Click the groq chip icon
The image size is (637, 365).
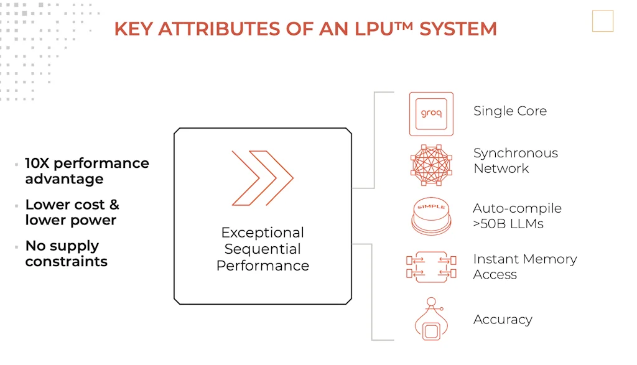click(431, 114)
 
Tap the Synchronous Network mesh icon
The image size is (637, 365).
click(431, 165)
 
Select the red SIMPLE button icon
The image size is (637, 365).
click(431, 215)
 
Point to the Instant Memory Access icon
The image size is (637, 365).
click(431, 267)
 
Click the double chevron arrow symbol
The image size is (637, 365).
click(262, 178)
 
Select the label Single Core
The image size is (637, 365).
click(509, 111)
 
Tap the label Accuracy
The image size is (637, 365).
click(503, 320)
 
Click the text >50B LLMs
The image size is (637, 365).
click(508, 224)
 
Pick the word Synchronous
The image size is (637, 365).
click(515, 153)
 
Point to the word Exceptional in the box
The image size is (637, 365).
click(263, 233)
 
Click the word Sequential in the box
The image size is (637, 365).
click(263, 249)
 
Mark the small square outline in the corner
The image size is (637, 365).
click(602, 21)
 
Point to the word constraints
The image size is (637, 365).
click(66, 261)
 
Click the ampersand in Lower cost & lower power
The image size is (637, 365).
click(114, 205)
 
